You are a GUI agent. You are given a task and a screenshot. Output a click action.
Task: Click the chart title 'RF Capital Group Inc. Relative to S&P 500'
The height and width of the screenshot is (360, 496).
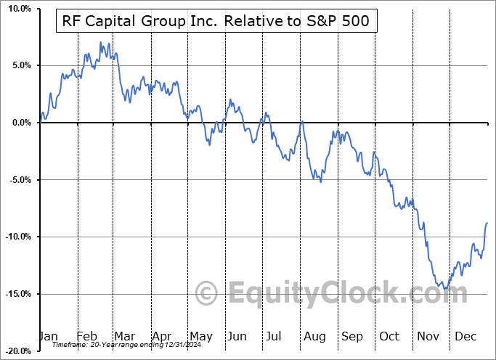[216, 22]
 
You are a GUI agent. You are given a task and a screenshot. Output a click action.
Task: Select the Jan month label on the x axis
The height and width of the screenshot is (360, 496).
[48, 336]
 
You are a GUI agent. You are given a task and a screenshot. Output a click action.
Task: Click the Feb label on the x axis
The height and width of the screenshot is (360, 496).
[86, 336]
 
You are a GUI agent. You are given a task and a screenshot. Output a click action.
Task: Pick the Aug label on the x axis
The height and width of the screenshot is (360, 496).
[314, 336]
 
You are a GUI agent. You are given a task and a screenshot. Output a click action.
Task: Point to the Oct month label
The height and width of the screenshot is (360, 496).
[389, 336]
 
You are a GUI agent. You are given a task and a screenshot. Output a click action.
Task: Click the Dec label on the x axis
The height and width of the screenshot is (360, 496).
[466, 336]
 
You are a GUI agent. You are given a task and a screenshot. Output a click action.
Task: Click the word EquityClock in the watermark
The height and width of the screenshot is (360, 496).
[348, 294]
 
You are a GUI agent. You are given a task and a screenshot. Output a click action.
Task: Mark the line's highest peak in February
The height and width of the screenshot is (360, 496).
[100, 43]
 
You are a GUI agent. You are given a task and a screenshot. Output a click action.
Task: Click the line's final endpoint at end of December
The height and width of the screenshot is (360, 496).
[487, 223]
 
